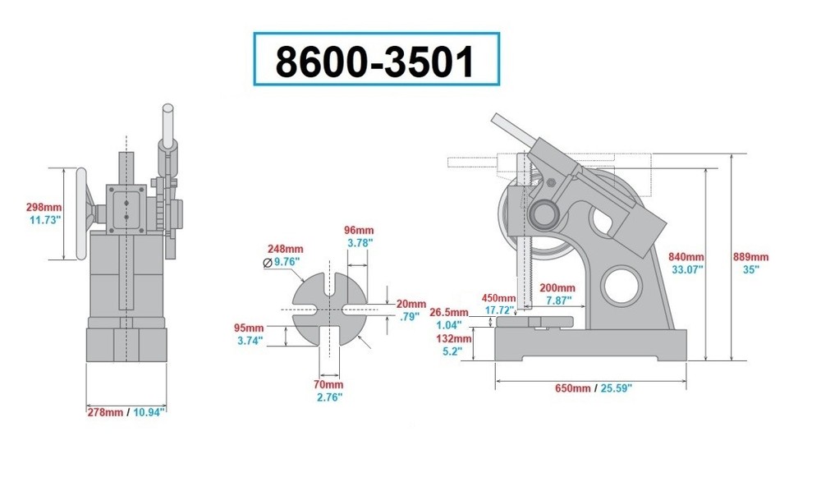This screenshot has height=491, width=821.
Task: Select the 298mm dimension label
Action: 44,207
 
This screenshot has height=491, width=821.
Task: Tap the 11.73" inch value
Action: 44,220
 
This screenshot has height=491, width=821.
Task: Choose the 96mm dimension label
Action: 359,231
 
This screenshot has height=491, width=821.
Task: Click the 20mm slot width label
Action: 410,303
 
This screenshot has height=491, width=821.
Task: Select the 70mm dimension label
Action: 328,384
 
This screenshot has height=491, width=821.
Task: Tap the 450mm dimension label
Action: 498,297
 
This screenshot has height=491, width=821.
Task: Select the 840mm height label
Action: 687,255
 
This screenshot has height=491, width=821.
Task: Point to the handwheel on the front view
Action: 81,213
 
